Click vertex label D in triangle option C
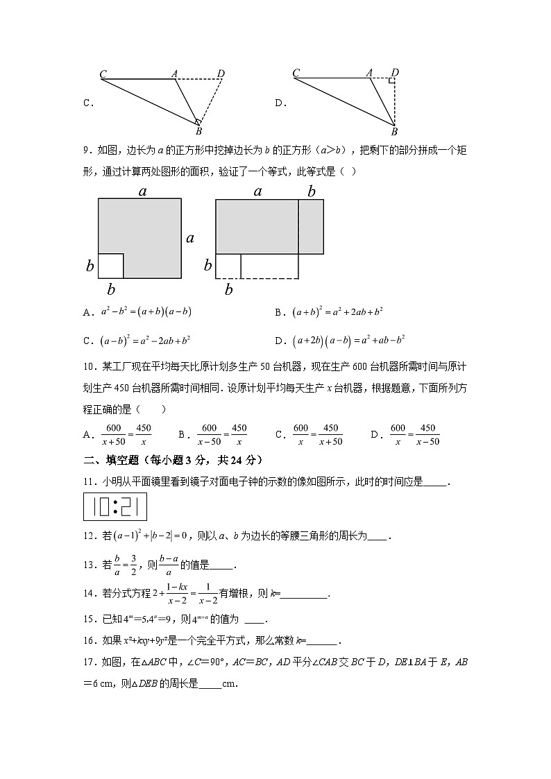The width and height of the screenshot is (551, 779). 221,73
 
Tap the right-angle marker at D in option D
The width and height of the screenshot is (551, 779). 392,81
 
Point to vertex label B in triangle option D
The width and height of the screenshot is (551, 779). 393,131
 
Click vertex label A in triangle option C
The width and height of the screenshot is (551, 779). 174,73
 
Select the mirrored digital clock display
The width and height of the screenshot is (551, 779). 115,506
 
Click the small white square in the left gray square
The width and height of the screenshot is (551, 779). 110,266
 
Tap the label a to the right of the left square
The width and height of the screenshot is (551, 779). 189,239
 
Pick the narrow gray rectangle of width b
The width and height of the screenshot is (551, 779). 311,227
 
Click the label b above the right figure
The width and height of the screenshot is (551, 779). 312,191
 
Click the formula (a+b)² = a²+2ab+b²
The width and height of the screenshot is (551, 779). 338,312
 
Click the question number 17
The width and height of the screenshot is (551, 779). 88,662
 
